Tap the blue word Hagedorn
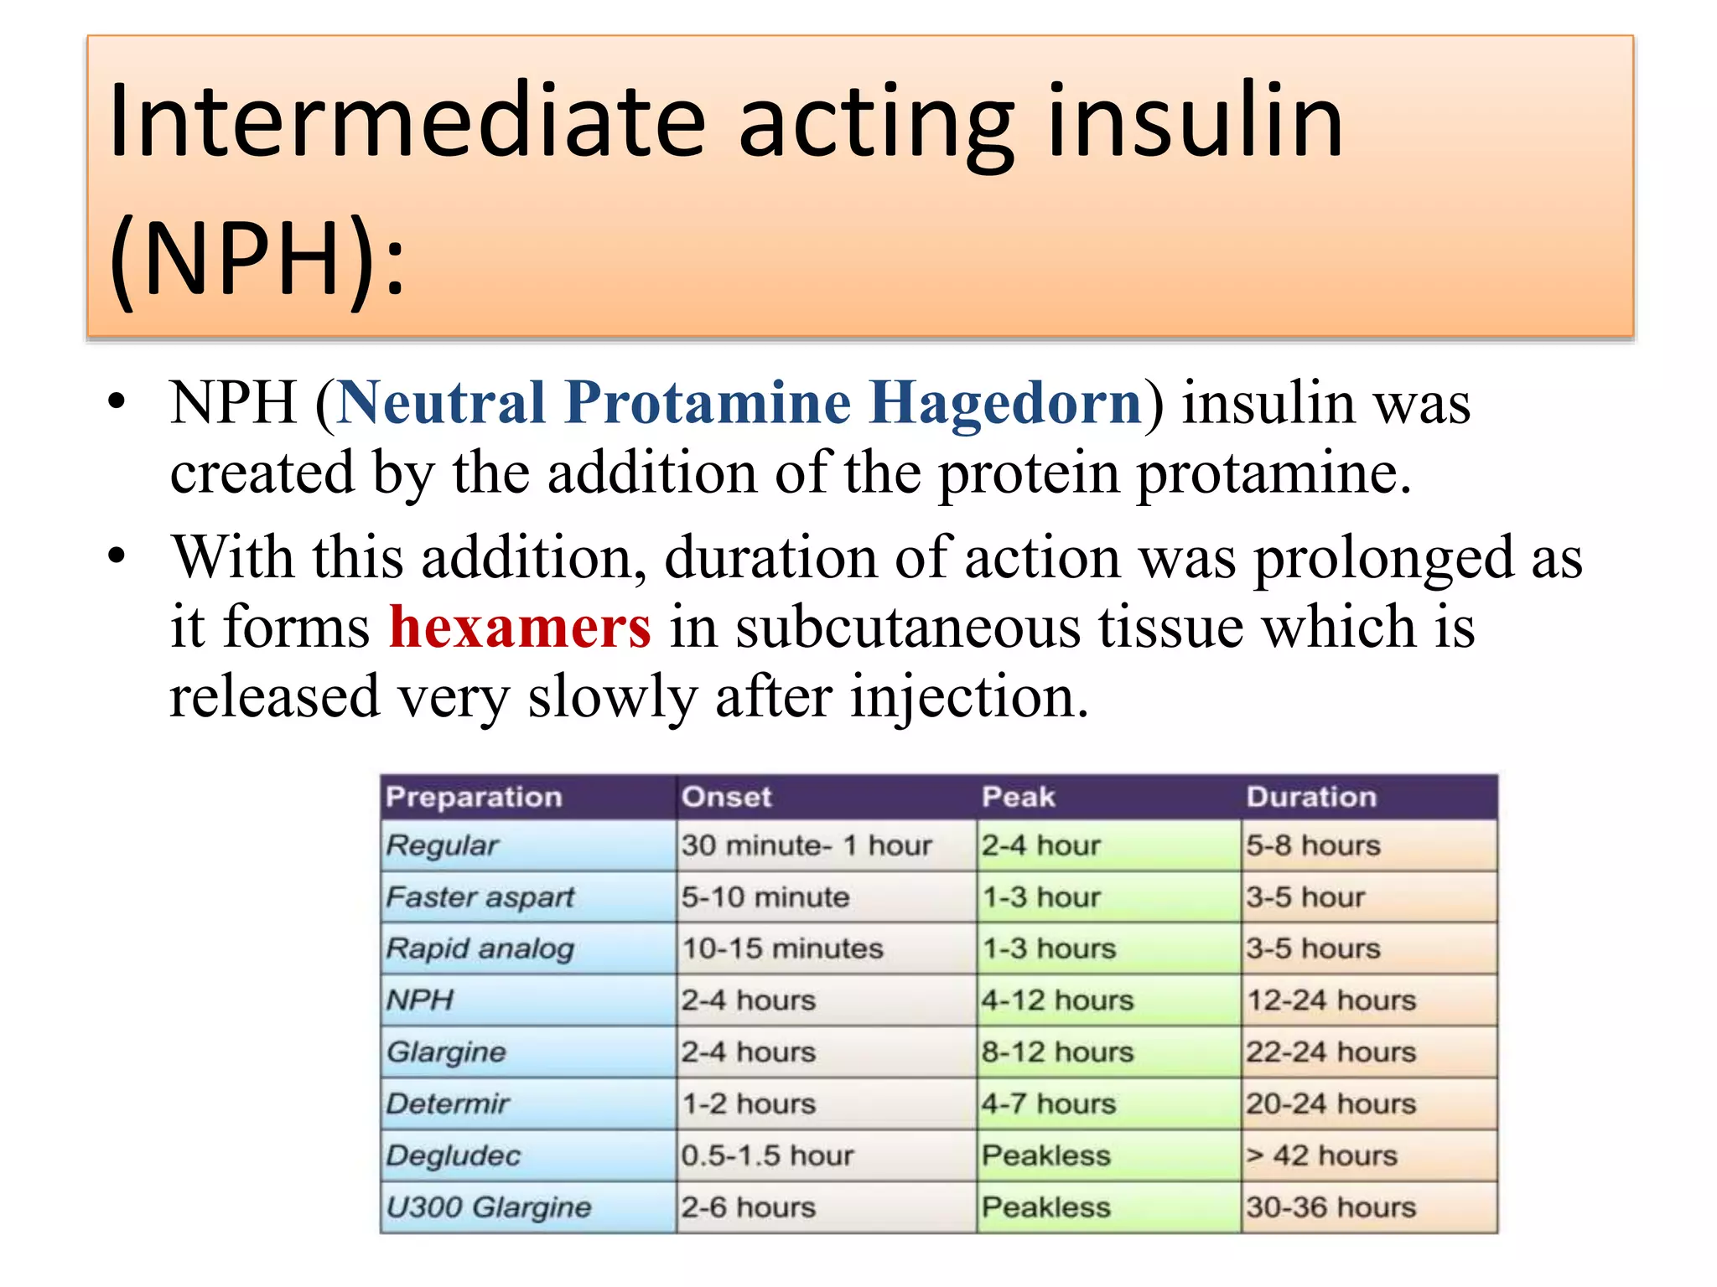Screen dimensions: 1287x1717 click(1004, 403)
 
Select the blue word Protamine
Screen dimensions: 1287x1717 click(708, 403)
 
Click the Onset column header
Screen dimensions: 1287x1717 click(726, 797)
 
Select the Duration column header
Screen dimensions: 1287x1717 click(1311, 797)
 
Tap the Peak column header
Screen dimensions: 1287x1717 click(1018, 797)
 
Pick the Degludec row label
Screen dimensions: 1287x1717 click(454, 1156)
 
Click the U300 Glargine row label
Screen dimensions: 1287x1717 click(489, 1207)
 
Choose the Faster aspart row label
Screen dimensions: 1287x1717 click(480, 897)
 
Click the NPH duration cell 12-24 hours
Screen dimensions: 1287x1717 click(1331, 1000)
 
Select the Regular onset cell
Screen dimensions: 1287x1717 click(806, 845)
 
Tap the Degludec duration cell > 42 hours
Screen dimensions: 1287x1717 click(1321, 1156)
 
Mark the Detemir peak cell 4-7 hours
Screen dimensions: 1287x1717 click(1049, 1104)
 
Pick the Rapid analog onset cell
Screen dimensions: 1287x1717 click(782, 948)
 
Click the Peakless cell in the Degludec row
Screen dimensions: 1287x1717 click(1046, 1156)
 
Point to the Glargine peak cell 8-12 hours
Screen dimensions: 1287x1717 click(1057, 1052)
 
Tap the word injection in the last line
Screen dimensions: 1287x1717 click(969, 697)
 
